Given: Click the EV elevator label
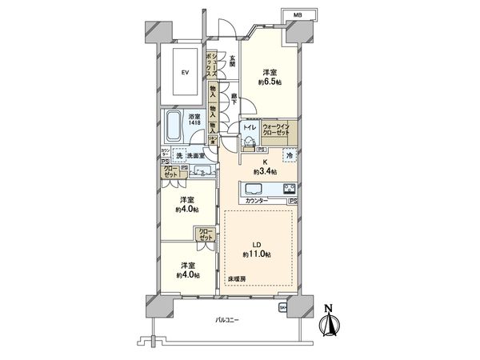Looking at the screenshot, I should tap(184, 73).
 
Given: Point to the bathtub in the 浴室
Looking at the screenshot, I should tap(174, 126).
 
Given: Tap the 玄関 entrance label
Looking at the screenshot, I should tap(232, 58).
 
